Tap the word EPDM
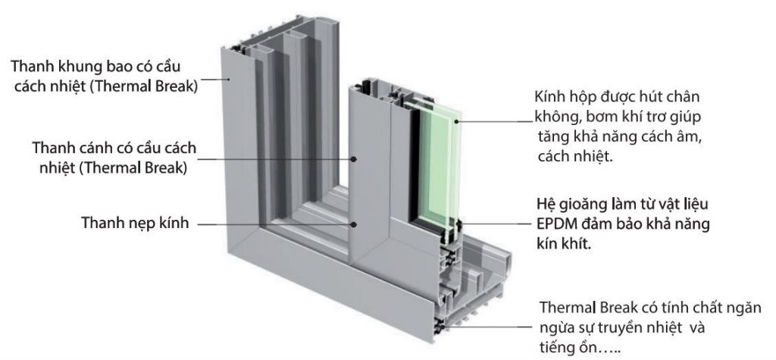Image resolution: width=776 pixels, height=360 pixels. click(549, 225)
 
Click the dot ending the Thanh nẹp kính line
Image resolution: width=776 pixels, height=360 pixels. click(353, 224)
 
